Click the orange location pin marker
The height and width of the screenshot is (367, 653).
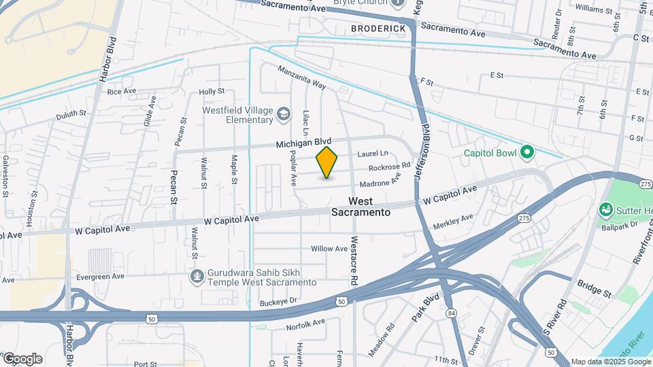[327, 162]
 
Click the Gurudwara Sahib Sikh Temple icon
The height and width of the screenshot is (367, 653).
[197, 276]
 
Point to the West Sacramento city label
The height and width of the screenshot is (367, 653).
[361, 207]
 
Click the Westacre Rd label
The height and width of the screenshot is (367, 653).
[354, 260]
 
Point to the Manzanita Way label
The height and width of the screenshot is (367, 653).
[301, 77]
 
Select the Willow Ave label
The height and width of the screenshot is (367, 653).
[329, 249]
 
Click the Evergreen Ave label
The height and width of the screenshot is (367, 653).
[100, 277]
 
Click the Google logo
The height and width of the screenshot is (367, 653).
[22, 358]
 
